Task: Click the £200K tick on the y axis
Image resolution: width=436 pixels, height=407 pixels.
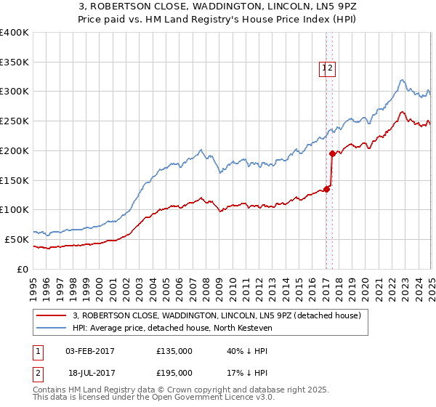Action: point(15,150)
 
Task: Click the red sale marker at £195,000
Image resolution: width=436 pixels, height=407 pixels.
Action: point(332,153)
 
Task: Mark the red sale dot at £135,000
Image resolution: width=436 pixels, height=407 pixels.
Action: point(326,189)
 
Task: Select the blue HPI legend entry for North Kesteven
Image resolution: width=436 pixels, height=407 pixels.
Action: point(171,329)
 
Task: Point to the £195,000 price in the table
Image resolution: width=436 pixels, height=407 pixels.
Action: point(174,373)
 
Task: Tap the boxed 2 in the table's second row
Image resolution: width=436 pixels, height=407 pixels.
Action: point(37,373)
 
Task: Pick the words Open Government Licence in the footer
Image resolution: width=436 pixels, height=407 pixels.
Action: point(197,398)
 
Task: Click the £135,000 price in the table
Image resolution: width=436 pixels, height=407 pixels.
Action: point(174,352)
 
